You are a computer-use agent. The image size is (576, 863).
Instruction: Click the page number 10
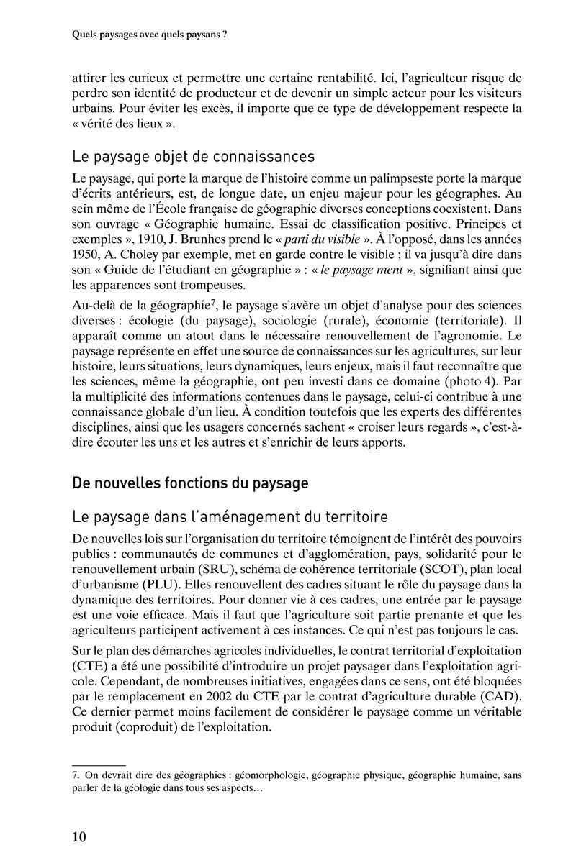pyautogui.click(x=79, y=837)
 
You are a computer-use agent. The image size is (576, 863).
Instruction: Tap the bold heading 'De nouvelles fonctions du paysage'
pyautogui.click(x=190, y=483)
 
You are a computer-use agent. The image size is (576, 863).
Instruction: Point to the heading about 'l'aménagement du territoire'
pyautogui.click(x=230, y=516)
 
